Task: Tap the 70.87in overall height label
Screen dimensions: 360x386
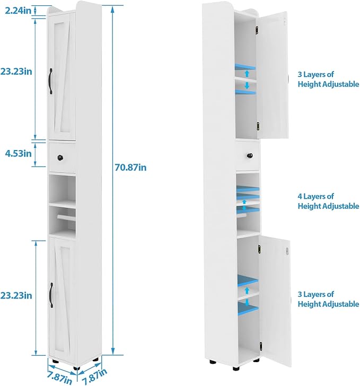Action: tap(130, 168)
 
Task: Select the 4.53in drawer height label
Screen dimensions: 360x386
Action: tap(19, 153)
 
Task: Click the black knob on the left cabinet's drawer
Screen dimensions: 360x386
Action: tap(60, 157)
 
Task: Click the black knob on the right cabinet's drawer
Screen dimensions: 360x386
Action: tap(250, 156)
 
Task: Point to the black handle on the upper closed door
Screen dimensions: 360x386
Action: tap(51, 81)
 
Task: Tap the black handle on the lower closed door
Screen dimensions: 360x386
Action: tap(51, 295)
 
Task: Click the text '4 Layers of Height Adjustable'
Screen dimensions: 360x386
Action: tap(328, 201)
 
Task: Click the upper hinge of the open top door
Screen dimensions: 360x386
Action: tap(257, 30)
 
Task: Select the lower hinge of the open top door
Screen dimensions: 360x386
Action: tap(258, 126)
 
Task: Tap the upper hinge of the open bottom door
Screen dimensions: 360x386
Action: tap(259, 249)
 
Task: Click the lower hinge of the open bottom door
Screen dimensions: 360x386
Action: tap(260, 346)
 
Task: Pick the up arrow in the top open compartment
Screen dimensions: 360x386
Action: tap(247, 74)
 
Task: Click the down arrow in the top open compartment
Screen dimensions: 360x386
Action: tap(247, 85)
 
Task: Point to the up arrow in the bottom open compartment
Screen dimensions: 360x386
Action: tap(247, 291)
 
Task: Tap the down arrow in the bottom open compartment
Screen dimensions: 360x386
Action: tap(247, 302)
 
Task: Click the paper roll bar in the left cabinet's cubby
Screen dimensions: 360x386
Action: tap(66, 217)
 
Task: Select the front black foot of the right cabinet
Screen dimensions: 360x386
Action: tap(236, 369)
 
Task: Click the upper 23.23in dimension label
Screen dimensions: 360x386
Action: tap(16, 72)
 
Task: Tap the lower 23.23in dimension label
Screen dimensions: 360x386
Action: tap(16, 295)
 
